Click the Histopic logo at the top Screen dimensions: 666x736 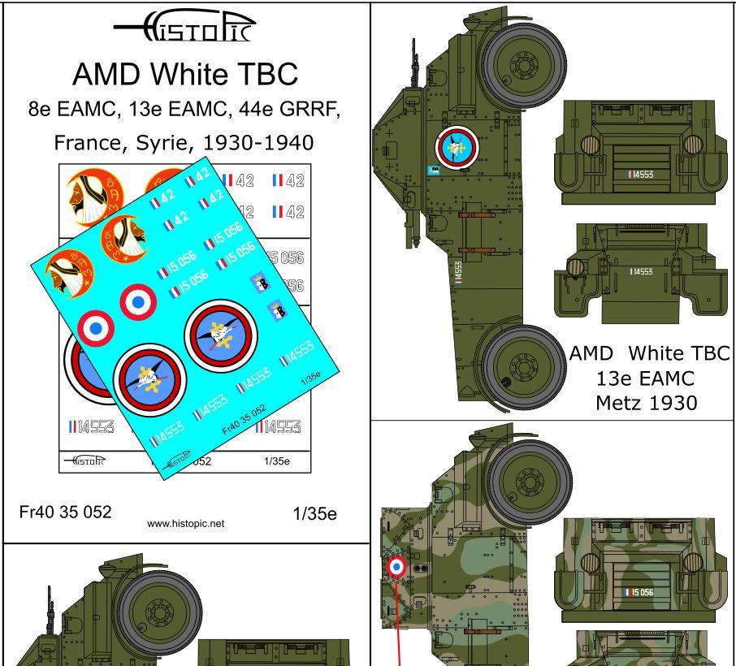pos(185,29)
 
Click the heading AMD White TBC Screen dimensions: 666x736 pos(185,75)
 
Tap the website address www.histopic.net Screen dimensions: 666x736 pos(185,524)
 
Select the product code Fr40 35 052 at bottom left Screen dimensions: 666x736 pos(65,512)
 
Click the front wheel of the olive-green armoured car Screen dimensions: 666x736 pos(522,63)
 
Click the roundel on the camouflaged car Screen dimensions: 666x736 pos(397,568)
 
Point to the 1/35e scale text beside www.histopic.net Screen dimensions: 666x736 pos(314,514)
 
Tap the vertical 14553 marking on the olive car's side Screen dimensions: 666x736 pos(458,272)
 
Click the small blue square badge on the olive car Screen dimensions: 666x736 pos(433,170)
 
